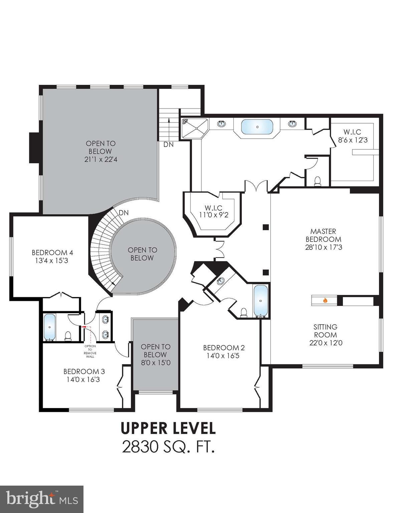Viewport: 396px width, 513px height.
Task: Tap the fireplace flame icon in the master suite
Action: (x=325, y=301)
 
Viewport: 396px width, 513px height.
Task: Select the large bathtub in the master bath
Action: (x=257, y=127)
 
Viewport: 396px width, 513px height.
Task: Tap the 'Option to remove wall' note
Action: (x=90, y=351)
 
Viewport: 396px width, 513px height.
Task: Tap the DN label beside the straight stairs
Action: (x=168, y=145)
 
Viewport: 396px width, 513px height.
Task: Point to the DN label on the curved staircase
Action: (x=124, y=212)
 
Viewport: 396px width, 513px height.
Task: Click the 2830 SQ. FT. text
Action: (x=168, y=447)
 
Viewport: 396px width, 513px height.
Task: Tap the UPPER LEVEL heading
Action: (x=168, y=428)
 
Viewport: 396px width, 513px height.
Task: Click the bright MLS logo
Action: (x=42, y=499)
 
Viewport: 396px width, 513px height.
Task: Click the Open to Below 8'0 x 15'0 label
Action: (x=155, y=354)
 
